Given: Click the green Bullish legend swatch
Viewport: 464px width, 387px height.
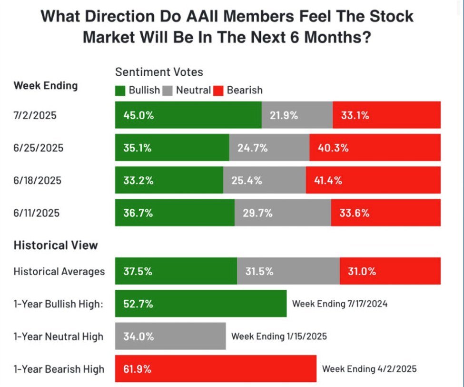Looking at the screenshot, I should (120, 90).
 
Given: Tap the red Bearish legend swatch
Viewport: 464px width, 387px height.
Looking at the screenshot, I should (219, 90).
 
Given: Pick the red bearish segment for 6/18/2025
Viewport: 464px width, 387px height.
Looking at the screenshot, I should (373, 180).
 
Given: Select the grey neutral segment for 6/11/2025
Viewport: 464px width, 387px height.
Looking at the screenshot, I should (283, 213).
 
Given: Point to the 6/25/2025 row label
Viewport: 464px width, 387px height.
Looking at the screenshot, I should (38, 148).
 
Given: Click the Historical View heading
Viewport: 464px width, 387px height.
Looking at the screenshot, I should (56, 245).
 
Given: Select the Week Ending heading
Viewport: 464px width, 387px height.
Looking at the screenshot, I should (46, 86).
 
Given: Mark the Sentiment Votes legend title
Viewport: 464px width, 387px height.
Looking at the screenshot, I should (159, 72).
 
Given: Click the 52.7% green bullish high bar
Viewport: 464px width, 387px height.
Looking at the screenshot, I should (200, 304).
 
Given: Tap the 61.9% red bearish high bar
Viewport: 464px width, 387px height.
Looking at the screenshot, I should (215, 369).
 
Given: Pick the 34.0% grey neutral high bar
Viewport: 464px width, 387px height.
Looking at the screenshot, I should (170, 336).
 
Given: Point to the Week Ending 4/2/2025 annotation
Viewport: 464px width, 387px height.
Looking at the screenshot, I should (369, 369).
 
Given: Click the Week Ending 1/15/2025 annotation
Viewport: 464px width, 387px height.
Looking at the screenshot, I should (279, 336).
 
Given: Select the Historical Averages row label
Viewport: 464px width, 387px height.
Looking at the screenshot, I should (59, 272).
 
